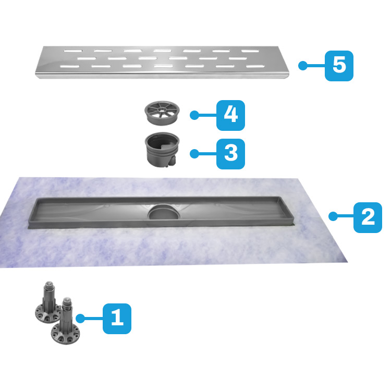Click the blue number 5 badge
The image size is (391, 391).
pyautogui.click(x=339, y=66)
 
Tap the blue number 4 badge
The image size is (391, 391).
pyautogui.click(x=230, y=115)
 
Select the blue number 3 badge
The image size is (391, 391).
pyautogui.click(x=230, y=154)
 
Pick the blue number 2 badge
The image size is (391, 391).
pyautogui.click(x=368, y=217)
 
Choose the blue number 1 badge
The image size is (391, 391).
pyautogui.click(x=117, y=319)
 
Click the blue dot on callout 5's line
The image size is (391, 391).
pyautogui.click(x=303, y=66)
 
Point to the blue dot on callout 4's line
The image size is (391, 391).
pyautogui.click(x=194, y=115)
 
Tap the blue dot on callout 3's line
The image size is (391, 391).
pyautogui.click(x=194, y=154)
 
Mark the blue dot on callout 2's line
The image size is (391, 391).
pyautogui.click(x=333, y=216)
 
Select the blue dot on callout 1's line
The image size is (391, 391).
pyautogui.click(x=80, y=319)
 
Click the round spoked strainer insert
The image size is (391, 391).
pyautogui.click(x=162, y=113)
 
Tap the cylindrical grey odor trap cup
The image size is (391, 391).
pyautogui.click(x=162, y=150)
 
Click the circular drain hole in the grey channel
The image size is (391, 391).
pyautogui.click(x=163, y=213)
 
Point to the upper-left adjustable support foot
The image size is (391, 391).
pyautogui.click(x=48, y=303)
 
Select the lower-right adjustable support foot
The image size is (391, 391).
pyautogui.click(x=66, y=322)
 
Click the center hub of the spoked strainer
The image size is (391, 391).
pyautogui.click(x=162, y=109)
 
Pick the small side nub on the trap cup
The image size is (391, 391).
pyautogui.click(x=172, y=161)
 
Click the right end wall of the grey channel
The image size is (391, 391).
pyautogui.click(x=287, y=210)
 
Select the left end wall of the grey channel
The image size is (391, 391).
pyautogui.click(x=33, y=210)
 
